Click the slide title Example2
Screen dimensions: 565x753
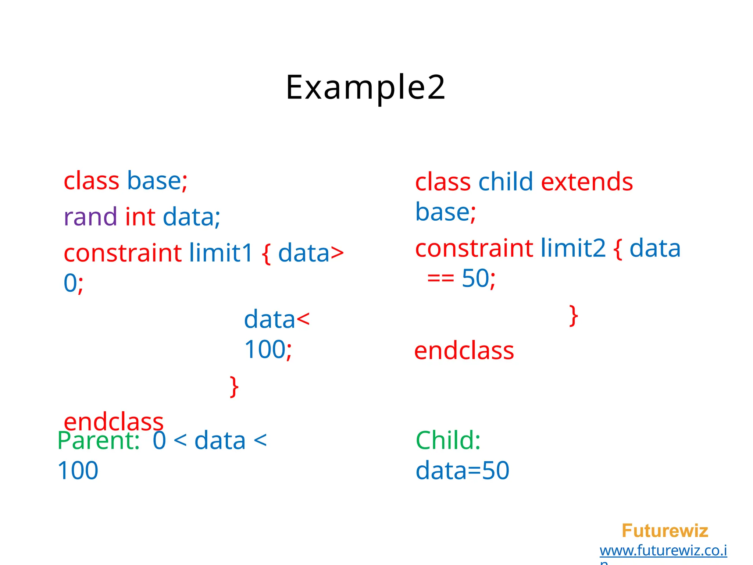pos(365,88)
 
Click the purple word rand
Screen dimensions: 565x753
pos(90,217)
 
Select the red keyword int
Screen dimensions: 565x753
pos(140,217)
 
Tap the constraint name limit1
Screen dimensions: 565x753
pos(221,253)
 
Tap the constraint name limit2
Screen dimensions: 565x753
pos(573,248)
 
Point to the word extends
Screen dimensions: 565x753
pos(587,182)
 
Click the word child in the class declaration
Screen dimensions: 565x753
pos(506,182)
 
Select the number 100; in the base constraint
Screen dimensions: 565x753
pos(268,349)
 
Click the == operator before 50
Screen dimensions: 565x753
pos(440,278)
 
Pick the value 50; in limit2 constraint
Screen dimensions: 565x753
pos(478,278)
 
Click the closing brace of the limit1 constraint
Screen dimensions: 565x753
pos(234,387)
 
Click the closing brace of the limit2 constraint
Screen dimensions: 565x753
pos(573,316)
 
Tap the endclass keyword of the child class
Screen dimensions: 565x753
pos(464,351)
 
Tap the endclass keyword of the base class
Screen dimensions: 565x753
pos(114,422)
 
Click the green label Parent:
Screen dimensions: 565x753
pos(99,441)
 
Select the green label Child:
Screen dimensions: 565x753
pos(448,441)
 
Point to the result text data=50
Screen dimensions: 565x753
pos(462,471)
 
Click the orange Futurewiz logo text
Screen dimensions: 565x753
pos(665,531)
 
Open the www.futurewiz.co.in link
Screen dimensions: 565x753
pos(663,551)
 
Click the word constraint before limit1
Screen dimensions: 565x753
pos(122,253)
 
